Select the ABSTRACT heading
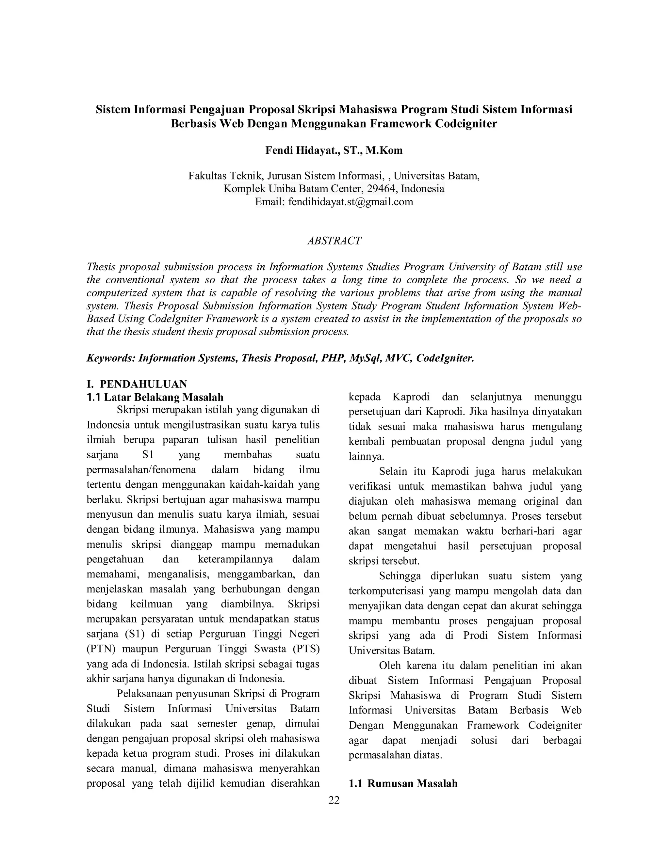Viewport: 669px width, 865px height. (x=334, y=241)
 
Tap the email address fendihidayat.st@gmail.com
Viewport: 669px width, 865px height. (x=351, y=202)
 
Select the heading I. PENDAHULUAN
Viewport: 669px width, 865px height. (x=137, y=384)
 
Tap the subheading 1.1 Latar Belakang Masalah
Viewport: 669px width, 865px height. (x=155, y=397)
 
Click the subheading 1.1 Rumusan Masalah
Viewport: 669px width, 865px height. (x=403, y=783)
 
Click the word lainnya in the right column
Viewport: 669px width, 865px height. (x=366, y=457)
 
